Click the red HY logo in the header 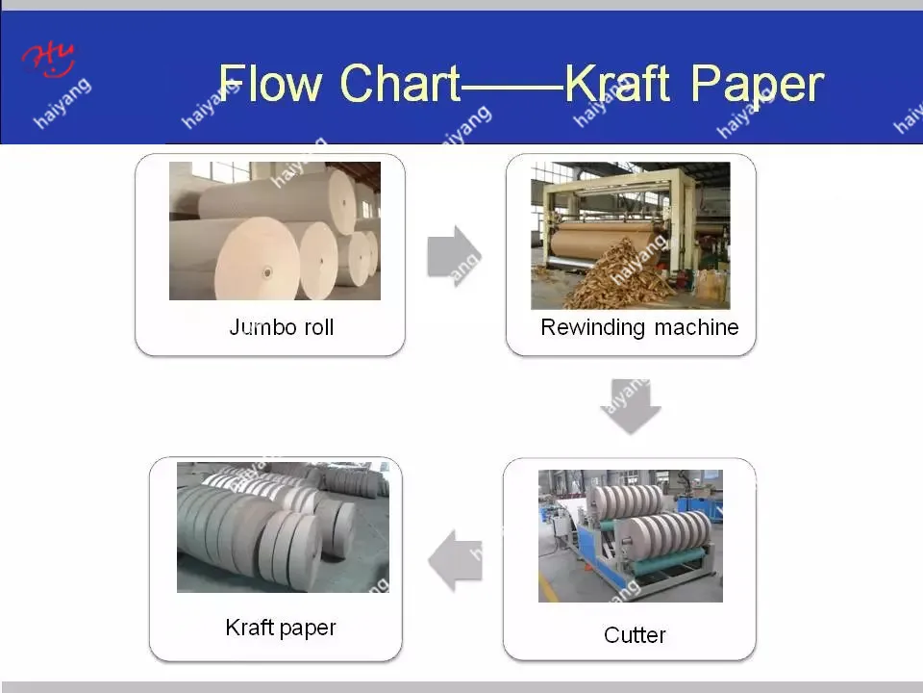click(49, 59)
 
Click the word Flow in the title click(270, 83)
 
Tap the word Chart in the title click(400, 83)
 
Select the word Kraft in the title click(617, 83)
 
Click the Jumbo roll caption click(282, 327)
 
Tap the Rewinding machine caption click(639, 327)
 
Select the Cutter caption click(635, 635)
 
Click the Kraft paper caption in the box click(280, 629)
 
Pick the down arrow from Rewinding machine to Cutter click(631, 406)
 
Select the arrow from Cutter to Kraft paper click(455, 560)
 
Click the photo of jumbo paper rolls click(275, 231)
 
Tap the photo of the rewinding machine click(631, 236)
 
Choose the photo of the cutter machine click(631, 536)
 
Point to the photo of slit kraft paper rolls click(283, 526)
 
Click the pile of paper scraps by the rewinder click(618, 277)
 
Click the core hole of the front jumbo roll click(267, 272)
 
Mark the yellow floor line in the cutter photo click(548, 587)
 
